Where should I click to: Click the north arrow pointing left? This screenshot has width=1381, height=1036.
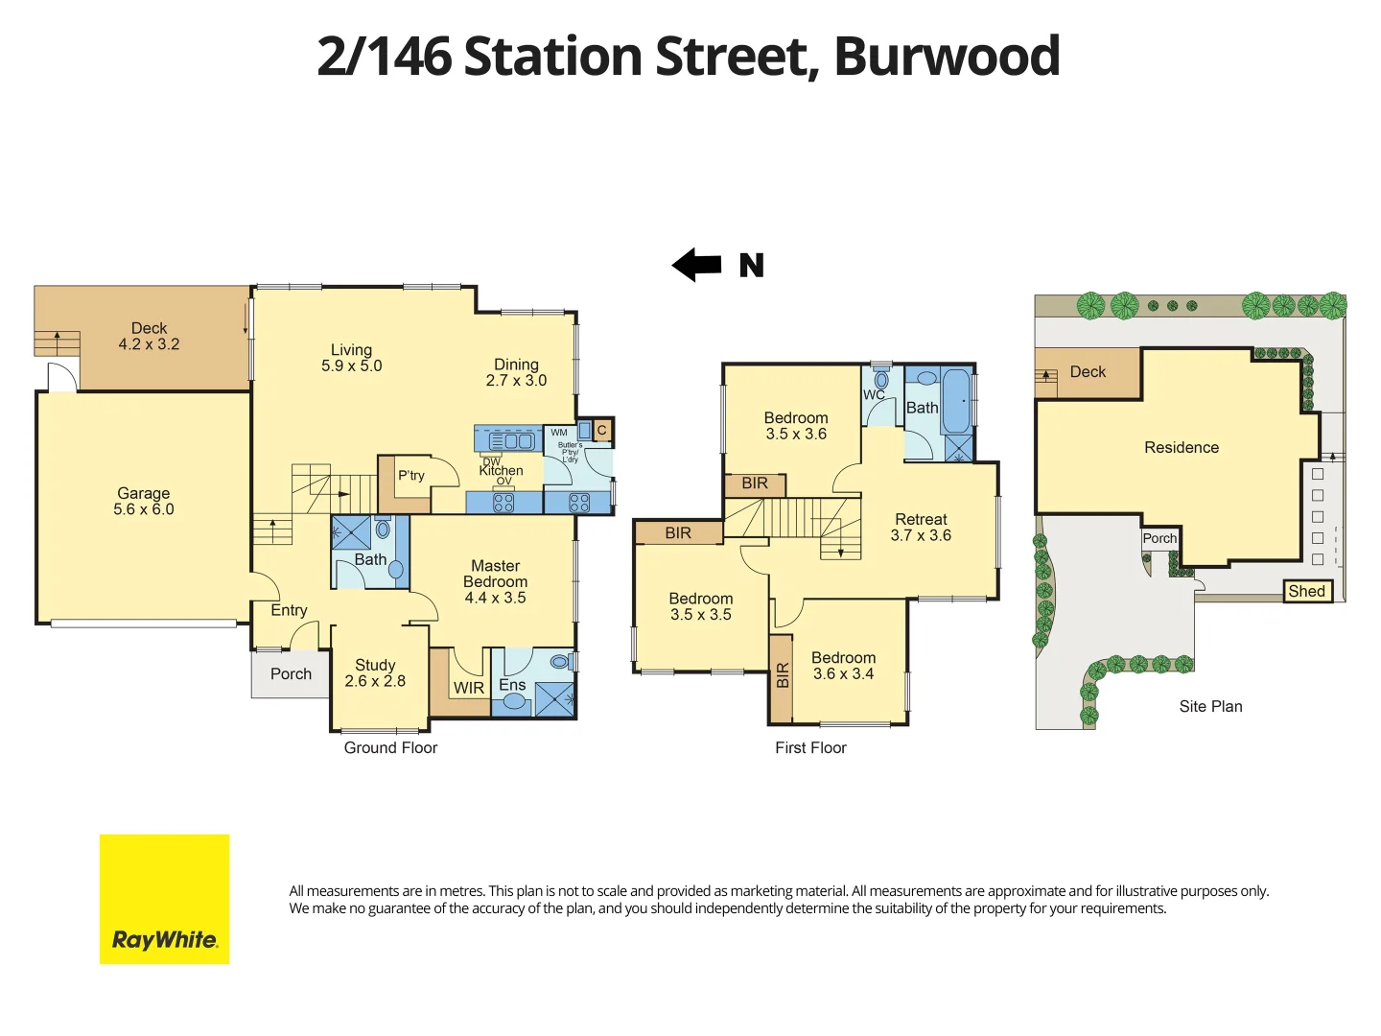pyautogui.click(x=697, y=265)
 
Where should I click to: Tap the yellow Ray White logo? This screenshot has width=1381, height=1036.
pyautogui.click(x=164, y=899)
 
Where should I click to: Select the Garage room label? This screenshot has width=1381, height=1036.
pyautogui.click(x=144, y=501)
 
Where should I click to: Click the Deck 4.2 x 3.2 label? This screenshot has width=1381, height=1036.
pyautogui.click(x=149, y=336)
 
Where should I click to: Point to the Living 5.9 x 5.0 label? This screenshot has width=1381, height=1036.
pyautogui.click(x=351, y=358)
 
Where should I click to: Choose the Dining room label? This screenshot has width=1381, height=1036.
pyautogui.click(x=516, y=372)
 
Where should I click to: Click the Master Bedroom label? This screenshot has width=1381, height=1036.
pyautogui.click(x=495, y=581)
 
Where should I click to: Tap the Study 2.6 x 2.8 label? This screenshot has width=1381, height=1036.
pyautogui.click(x=375, y=672)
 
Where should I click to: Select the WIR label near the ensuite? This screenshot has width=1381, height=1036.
pyautogui.click(x=469, y=688)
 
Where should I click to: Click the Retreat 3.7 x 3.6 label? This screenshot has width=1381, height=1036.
pyautogui.click(x=921, y=527)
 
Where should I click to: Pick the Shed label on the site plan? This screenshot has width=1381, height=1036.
pyautogui.click(x=1307, y=591)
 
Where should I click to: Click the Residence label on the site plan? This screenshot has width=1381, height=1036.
pyautogui.click(x=1182, y=447)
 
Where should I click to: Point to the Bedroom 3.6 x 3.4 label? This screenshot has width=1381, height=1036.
pyautogui.click(x=843, y=666)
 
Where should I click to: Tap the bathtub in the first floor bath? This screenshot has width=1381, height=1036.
pyautogui.click(x=955, y=402)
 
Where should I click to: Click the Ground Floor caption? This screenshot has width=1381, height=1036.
pyautogui.click(x=390, y=747)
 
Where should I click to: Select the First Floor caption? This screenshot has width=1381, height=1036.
pyautogui.click(x=810, y=747)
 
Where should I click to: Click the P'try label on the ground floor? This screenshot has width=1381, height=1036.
pyautogui.click(x=411, y=475)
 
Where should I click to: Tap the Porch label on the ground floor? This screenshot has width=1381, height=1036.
pyautogui.click(x=291, y=673)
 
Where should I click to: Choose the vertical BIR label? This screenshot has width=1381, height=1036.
pyautogui.click(x=782, y=676)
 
